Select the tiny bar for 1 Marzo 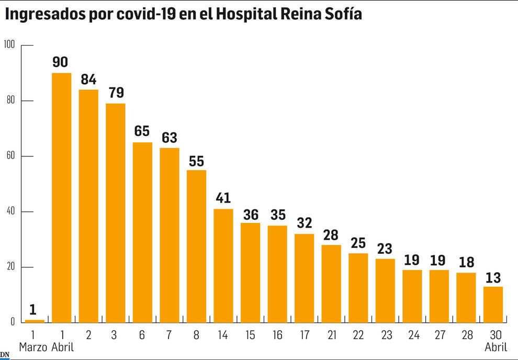[35, 321]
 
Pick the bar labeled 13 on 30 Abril [493, 305]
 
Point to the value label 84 [88, 80]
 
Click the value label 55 [196, 161]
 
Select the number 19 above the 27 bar [439, 260]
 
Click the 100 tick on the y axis [9, 45]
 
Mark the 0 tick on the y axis [12, 323]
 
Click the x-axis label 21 [331, 334]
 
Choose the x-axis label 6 [142, 334]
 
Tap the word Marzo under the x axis [33, 346]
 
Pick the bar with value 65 [142, 232]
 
